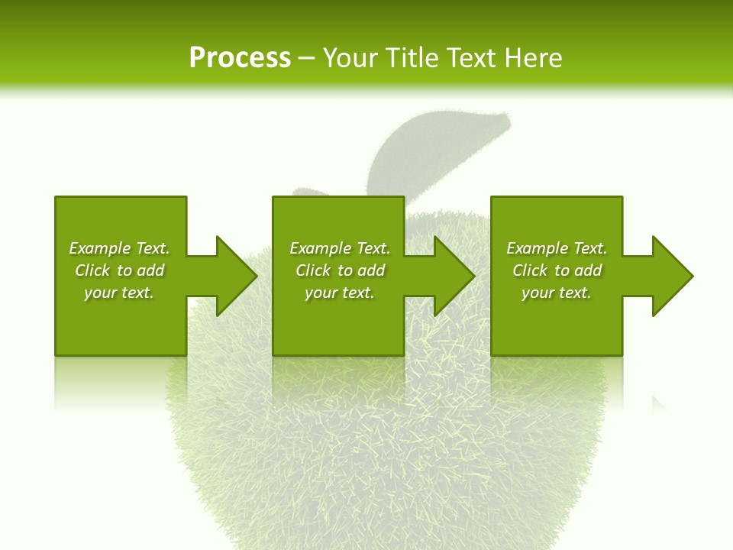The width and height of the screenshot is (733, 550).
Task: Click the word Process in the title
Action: tap(240, 58)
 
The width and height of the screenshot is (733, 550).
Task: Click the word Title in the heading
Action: tap(409, 58)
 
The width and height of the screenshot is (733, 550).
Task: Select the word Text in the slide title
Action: tap(470, 58)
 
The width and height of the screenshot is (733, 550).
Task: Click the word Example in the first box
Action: tap(100, 248)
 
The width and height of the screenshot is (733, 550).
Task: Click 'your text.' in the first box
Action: tap(119, 293)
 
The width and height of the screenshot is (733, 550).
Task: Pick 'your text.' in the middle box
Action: tap(339, 293)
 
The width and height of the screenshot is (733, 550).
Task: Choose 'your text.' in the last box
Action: tap(556, 293)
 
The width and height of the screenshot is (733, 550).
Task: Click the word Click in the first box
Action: tap(92, 270)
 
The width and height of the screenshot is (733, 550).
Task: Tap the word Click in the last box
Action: tap(530, 270)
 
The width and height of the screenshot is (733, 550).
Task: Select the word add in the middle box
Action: tap(372, 270)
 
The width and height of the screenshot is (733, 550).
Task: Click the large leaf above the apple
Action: tap(435, 149)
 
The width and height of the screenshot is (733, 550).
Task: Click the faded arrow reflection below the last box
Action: tap(660, 403)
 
